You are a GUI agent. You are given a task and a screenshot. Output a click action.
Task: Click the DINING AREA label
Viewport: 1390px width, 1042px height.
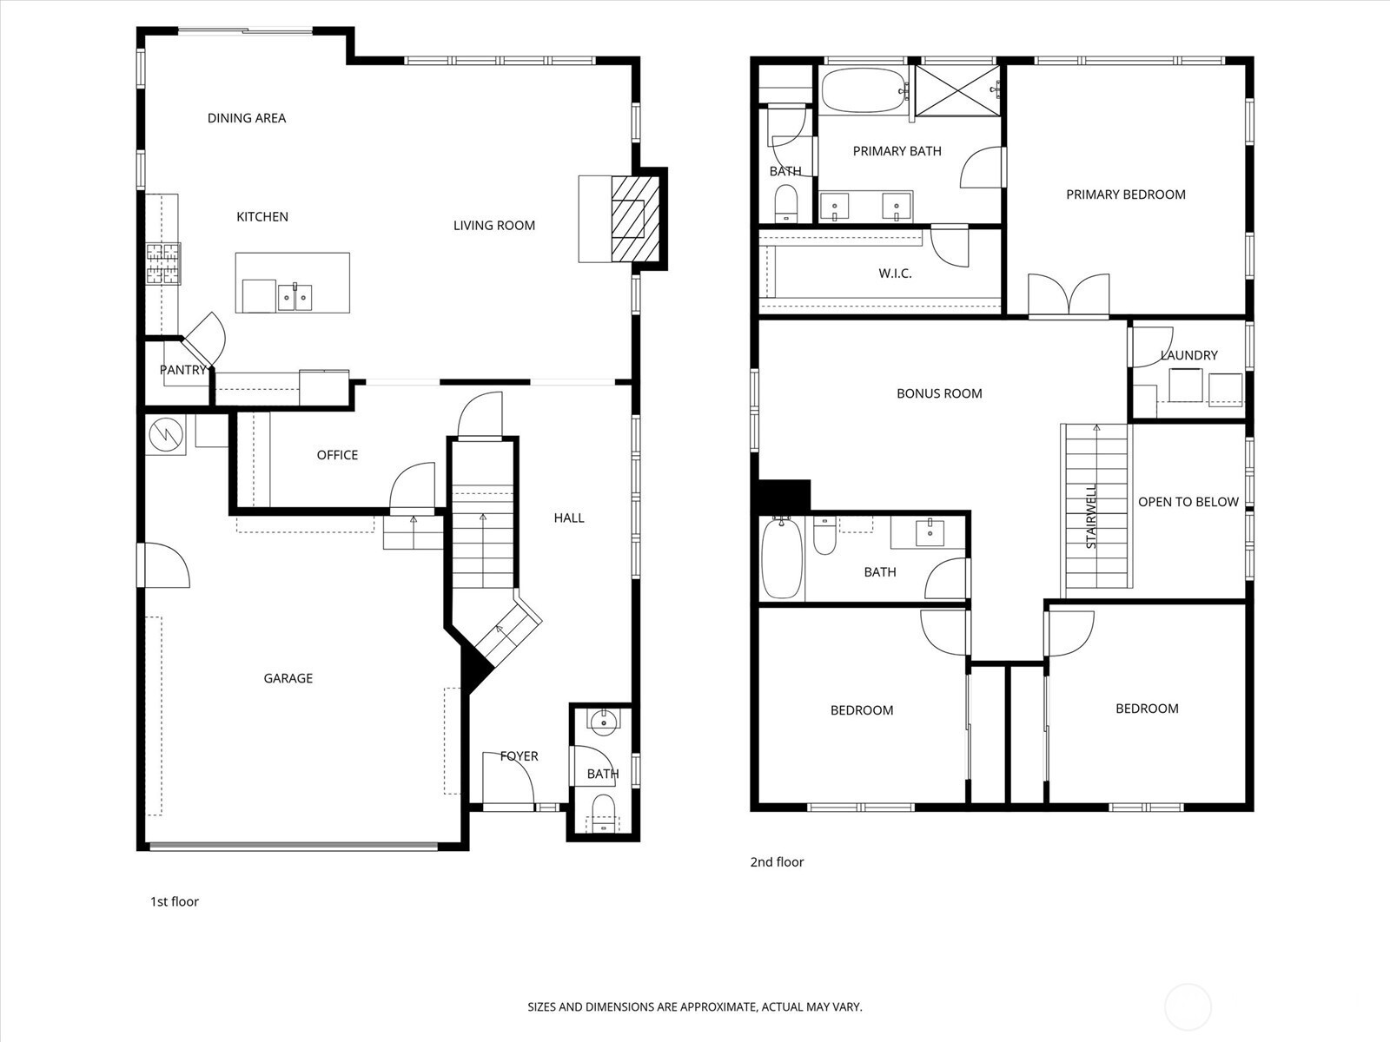tap(247, 118)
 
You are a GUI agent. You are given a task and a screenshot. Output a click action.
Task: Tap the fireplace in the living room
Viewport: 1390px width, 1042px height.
tap(635, 219)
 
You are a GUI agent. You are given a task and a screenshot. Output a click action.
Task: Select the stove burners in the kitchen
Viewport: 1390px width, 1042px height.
tap(164, 263)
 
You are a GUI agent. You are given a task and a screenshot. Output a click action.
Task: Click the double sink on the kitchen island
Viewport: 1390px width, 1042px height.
tap(295, 297)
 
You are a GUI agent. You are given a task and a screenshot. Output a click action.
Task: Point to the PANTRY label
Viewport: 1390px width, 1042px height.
tap(183, 370)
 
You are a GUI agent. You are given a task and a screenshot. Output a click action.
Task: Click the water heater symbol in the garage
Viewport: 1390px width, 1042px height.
tap(166, 435)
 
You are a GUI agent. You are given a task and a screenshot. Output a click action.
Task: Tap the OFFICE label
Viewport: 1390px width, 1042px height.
tap(337, 456)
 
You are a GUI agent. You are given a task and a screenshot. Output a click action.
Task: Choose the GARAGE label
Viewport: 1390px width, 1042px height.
tap(288, 679)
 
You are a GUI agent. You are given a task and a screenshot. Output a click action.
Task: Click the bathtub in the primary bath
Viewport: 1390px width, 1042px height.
tap(864, 90)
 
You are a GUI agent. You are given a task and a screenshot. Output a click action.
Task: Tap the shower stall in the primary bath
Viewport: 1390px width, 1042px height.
tap(957, 90)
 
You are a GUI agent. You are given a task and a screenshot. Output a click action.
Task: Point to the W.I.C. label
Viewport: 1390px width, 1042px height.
tap(895, 274)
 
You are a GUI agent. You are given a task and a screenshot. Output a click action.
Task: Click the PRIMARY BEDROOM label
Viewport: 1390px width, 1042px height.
tap(1126, 195)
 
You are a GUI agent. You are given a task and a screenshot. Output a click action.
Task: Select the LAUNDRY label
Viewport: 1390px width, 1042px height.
tap(1188, 355)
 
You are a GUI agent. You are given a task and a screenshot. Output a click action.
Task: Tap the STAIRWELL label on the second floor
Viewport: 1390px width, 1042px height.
tap(1091, 517)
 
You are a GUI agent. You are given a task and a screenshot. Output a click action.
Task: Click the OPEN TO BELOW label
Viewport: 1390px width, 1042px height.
tap(1188, 503)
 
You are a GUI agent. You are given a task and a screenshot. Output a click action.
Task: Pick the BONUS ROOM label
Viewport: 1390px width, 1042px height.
tap(939, 393)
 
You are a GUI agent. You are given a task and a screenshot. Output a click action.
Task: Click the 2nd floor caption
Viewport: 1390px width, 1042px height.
tap(777, 862)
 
